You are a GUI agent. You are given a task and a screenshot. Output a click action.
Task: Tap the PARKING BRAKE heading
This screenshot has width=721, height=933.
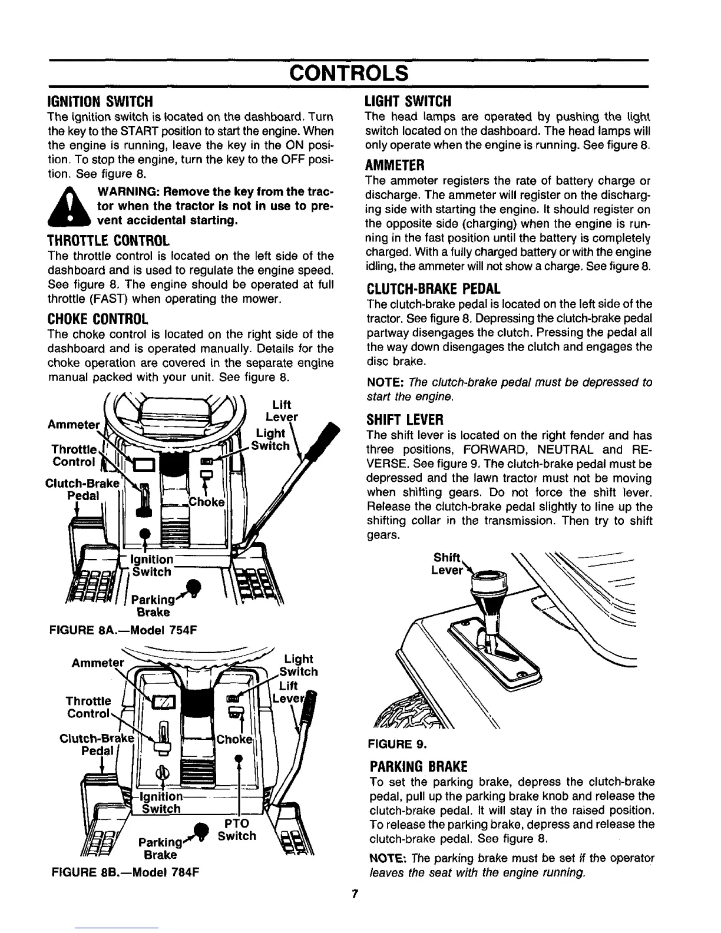tap(418, 766)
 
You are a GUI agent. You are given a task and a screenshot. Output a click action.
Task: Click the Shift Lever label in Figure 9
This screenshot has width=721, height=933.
tap(449, 564)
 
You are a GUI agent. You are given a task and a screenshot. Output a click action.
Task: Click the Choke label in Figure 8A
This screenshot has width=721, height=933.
tap(207, 502)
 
